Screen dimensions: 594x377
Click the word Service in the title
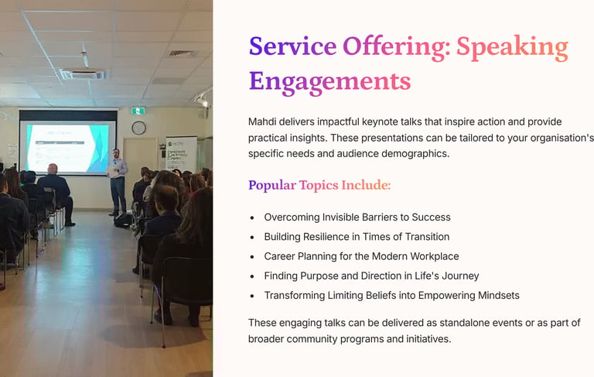[292, 46]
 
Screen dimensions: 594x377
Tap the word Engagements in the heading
[330, 82]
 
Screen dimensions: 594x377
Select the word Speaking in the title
[512, 48]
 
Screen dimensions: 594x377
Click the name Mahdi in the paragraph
[261, 122]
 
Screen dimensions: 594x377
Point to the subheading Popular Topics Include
[319, 185]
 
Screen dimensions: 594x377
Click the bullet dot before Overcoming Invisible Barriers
[252, 218]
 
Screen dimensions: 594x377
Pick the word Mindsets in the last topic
[499, 296]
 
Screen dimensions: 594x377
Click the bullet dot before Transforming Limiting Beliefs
[252, 296]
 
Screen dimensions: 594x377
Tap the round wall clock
[138, 128]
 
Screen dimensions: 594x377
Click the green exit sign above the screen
[138, 111]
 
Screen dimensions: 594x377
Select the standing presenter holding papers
[118, 182]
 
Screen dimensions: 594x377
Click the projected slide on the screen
[67, 148]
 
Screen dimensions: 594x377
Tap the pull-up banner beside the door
[181, 154]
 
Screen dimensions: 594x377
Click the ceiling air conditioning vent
[83, 74]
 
